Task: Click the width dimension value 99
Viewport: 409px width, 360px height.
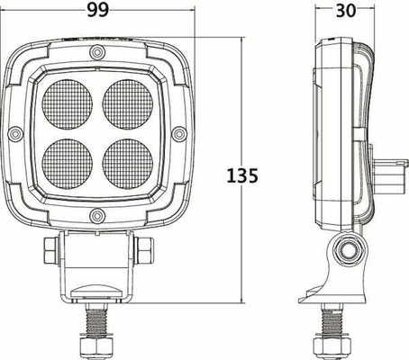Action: (x=98, y=10)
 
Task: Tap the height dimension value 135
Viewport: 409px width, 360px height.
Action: (x=242, y=175)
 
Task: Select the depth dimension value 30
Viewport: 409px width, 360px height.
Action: (x=346, y=11)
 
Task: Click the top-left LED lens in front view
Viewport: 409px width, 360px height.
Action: (x=68, y=104)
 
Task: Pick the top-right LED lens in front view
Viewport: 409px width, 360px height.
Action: (x=128, y=104)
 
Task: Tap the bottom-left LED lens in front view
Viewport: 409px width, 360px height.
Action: (x=68, y=164)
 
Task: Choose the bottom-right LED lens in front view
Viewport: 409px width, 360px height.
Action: (x=128, y=164)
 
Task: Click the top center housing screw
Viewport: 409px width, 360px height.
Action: (x=97, y=52)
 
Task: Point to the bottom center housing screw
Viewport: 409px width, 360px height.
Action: (x=97, y=216)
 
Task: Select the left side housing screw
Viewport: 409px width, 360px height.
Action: (x=15, y=134)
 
